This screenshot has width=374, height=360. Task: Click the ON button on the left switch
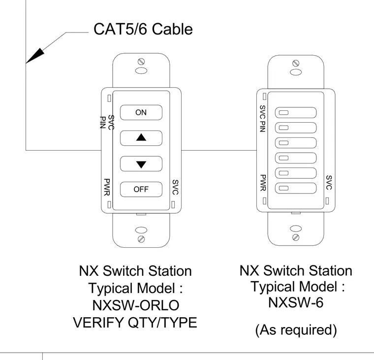141,112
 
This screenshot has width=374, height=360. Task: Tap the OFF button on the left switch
141,189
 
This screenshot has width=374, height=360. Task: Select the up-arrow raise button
141,138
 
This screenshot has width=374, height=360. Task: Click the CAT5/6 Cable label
143,29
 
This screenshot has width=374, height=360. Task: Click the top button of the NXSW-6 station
296,112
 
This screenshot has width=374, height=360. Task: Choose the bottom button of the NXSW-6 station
296,188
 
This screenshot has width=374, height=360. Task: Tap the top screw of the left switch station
141,62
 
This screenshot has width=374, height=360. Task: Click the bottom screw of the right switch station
296,237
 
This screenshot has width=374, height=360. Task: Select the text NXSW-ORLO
136,305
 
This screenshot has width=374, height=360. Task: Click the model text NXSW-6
296,302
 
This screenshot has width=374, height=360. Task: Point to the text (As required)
296,330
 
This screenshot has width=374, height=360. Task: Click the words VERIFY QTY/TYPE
135,323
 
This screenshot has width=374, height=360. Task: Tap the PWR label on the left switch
107,187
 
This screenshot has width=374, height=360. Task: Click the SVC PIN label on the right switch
262,119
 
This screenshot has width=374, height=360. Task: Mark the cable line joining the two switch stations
219,150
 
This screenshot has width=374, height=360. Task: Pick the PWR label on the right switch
263,183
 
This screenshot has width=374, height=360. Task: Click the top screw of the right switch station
296,63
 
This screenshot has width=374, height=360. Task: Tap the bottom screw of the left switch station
141,239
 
